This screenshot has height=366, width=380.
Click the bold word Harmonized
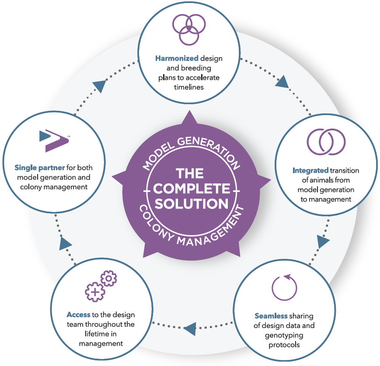pos(171,58)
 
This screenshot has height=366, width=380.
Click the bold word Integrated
pos(310,171)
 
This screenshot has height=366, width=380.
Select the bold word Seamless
pos(271,316)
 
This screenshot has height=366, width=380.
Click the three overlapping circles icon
pos(189,29)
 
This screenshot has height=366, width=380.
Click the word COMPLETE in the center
pos(191,189)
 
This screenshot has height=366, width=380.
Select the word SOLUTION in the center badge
pos(191,204)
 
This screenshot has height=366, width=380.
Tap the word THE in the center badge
pos(191,174)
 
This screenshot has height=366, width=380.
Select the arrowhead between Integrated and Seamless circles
pos(323,241)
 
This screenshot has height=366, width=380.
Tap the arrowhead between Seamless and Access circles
pos(189,328)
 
